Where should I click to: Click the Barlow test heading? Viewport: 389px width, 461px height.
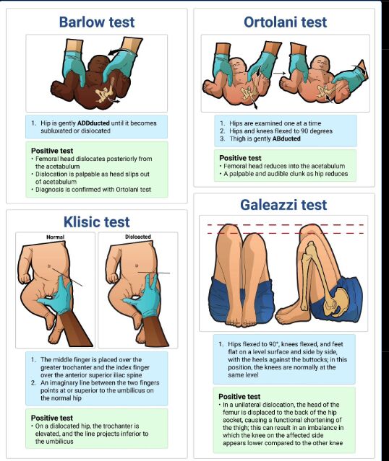tap(97, 22)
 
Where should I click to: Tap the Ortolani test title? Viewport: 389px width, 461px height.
tap(286, 22)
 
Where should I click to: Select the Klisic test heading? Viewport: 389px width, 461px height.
tap(97, 221)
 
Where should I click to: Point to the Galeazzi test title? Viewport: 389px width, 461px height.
tap(283, 205)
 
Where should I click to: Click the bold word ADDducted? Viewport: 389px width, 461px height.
tap(93, 123)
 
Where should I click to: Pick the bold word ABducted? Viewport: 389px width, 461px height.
tap(286, 139)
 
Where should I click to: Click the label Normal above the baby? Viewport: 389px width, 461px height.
tap(56, 237)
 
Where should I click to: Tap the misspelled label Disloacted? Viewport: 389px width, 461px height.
tap(138, 237)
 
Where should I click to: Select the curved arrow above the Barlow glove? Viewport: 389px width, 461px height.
tap(120, 51)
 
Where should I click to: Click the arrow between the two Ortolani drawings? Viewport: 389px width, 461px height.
tap(279, 73)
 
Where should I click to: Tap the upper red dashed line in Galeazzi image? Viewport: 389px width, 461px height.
tap(286, 225)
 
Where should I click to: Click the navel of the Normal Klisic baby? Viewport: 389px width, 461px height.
tap(49, 266)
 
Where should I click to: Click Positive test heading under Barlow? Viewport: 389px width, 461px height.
tap(52, 151)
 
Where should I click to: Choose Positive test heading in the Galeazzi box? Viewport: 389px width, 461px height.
tap(239, 396)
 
